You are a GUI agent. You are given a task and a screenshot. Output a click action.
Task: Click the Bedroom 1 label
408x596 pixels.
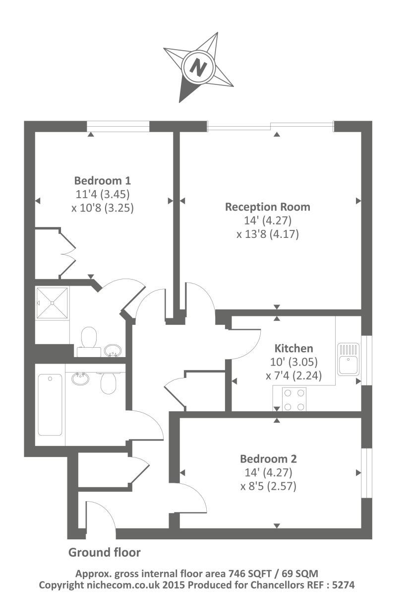[103, 180]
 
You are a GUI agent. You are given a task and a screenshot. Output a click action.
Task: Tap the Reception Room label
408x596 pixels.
[268, 207]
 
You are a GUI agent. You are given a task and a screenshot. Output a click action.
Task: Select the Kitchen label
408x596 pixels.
[294, 348]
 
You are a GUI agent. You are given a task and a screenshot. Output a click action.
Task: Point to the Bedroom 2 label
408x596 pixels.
[268, 458]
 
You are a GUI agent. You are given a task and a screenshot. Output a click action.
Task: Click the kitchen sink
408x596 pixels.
[349, 359]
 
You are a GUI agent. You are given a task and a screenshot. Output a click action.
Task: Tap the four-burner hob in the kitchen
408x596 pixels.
[294, 400]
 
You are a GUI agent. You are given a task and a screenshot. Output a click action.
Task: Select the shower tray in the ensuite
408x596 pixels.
[52, 303]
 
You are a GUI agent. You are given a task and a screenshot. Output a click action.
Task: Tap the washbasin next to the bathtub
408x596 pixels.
[79, 379]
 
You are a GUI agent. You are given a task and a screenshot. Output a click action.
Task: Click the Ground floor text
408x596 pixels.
[104, 552]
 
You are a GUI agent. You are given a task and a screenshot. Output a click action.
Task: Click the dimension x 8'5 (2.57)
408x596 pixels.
[268, 486]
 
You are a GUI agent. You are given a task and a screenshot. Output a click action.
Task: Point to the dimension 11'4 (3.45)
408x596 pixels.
[103, 194]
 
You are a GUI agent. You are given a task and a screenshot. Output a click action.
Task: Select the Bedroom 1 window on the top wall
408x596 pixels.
[118, 127]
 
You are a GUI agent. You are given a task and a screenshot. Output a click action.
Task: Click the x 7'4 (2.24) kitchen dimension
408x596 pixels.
[294, 376]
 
